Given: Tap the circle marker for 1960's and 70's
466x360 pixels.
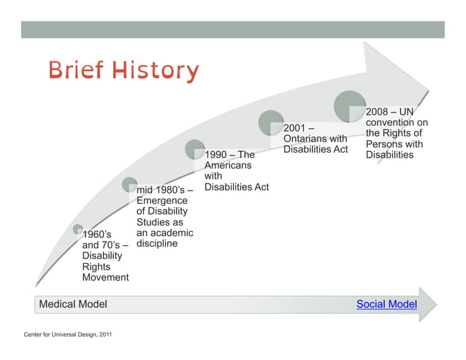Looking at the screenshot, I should [78, 230].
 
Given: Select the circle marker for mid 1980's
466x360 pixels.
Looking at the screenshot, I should [130, 185].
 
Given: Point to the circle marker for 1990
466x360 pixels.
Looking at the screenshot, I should [195, 149].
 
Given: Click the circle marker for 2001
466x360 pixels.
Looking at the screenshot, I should [271, 123].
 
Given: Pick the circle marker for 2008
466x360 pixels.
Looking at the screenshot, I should [350, 106].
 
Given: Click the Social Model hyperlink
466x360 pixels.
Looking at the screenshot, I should [386, 304].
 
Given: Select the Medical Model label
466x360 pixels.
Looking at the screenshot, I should [73, 304].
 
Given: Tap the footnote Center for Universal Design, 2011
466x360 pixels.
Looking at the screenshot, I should [66, 334].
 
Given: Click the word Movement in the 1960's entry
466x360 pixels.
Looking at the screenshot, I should [105, 277].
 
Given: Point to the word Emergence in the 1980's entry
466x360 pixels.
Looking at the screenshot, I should [162, 200].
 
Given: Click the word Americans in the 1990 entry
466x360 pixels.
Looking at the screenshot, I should [228, 166].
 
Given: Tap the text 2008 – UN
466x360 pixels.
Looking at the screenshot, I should [390, 112].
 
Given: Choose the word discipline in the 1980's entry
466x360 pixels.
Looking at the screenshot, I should [157, 244].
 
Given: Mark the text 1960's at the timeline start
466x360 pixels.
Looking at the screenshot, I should [97, 234].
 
